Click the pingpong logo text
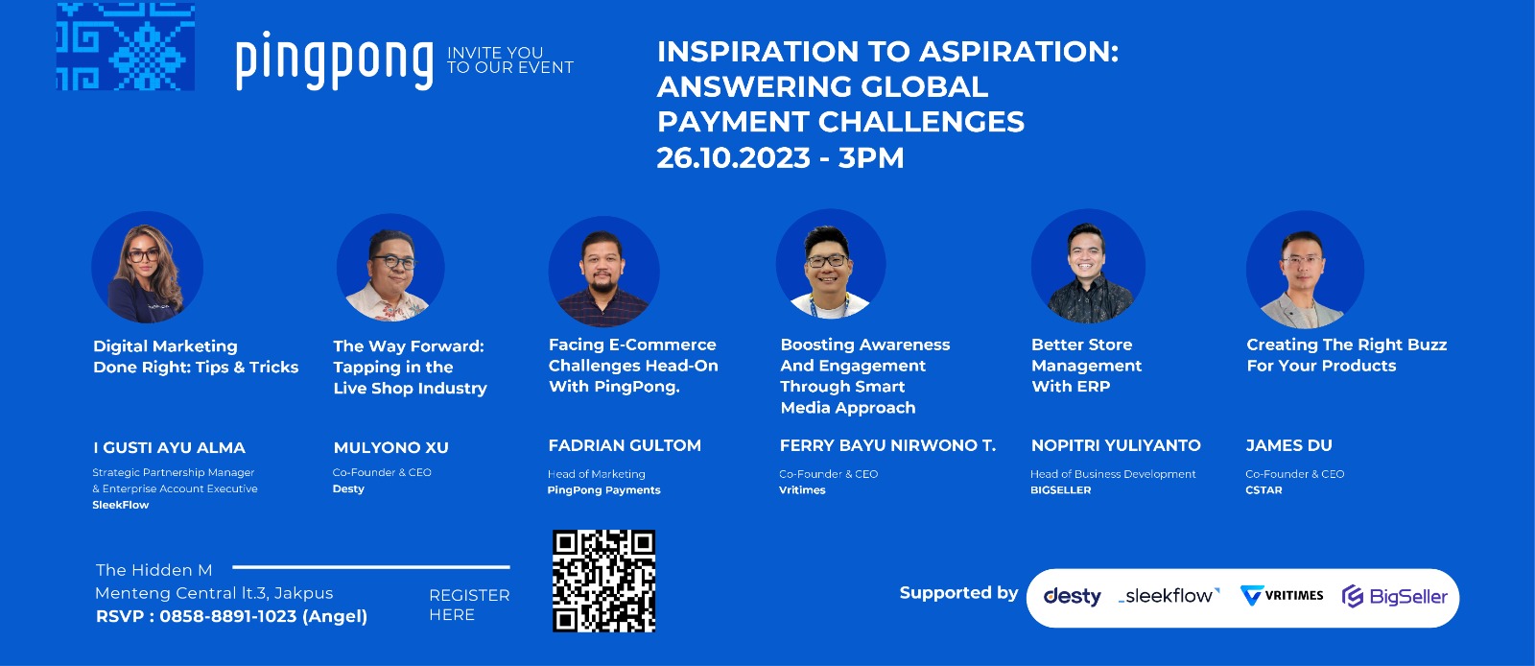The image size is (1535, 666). [x=335, y=60]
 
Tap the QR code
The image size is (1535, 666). [x=603, y=581]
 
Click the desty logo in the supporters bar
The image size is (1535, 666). [x=1072, y=597]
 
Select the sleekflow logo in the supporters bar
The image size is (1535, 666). [x=1169, y=595]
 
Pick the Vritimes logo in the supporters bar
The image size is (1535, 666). [x=1282, y=595]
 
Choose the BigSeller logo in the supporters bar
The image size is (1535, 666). [x=1395, y=596]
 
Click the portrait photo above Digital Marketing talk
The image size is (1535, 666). [x=148, y=267]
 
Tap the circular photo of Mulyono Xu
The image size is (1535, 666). [x=390, y=267]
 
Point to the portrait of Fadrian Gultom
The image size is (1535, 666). [x=603, y=271]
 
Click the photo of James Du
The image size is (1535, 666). [x=1305, y=270]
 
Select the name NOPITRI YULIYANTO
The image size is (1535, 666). [x=1116, y=445]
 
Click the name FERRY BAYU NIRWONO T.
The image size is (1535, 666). [x=887, y=445]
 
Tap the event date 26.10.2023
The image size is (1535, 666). [x=733, y=157]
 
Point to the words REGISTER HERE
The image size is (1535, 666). [x=469, y=605]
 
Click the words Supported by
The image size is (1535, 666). [x=958, y=593]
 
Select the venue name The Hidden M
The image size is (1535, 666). [x=154, y=570]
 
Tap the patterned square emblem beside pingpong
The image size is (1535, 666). [x=126, y=46]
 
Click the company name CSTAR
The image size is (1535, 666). [x=1263, y=490]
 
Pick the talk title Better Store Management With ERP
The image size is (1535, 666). [x=1086, y=366]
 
